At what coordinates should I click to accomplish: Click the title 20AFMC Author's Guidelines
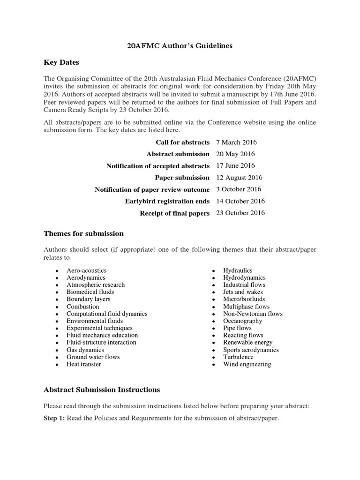[x=180, y=46]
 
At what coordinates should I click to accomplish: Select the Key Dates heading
[x=61, y=62]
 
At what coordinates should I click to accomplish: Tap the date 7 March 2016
[x=236, y=142]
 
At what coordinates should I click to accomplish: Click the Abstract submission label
[x=178, y=154]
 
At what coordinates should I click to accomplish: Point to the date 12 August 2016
[x=239, y=178]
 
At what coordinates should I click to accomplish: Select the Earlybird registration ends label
[x=167, y=201]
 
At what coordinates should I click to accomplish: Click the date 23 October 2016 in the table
[x=240, y=213]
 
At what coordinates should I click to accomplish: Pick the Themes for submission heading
[x=83, y=233]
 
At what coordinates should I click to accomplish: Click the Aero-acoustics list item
[x=86, y=270]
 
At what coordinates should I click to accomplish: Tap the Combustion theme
[x=82, y=307]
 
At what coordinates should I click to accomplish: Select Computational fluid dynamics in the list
[x=107, y=314]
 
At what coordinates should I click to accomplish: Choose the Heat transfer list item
[x=83, y=364]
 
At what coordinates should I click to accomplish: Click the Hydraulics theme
[x=238, y=270]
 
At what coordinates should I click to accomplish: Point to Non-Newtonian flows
[x=253, y=314]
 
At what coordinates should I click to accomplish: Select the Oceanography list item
[x=242, y=321]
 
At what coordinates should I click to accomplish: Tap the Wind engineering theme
[x=247, y=364]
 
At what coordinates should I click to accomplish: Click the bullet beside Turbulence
[x=213, y=357]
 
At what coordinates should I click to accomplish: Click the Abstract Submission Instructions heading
[x=102, y=390]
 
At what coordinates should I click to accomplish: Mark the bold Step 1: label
[x=55, y=418]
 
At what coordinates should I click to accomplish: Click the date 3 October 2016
[x=239, y=189]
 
